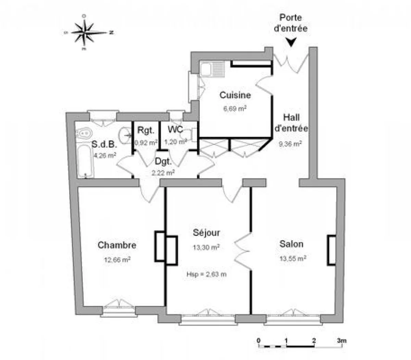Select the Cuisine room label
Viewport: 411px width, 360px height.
click(x=235, y=95)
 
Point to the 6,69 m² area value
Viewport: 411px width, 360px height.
click(x=235, y=108)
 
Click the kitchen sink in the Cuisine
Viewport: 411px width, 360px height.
click(x=212, y=70)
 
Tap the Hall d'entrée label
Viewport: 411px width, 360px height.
click(x=291, y=123)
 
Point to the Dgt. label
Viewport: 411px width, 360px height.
click(x=163, y=161)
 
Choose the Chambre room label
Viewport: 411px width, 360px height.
click(x=117, y=245)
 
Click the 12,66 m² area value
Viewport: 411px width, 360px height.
click(x=117, y=260)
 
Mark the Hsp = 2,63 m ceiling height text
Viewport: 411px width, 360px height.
click(x=206, y=274)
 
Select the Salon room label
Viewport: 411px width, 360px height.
click(x=291, y=244)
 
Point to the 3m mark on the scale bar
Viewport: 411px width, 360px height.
click(x=341, y=341)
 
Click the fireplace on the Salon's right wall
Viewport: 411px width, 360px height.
click(x=331, y=250)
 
